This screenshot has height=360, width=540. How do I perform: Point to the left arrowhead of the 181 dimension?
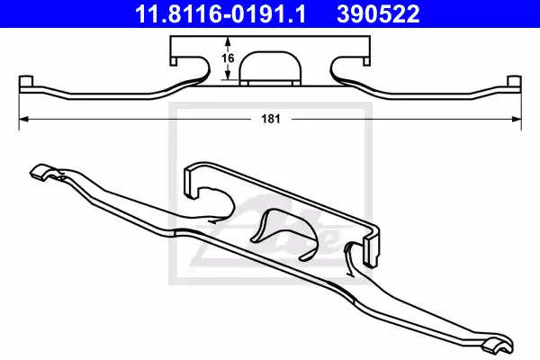(22, 119)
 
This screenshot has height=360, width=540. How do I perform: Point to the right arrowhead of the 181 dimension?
(518, 119)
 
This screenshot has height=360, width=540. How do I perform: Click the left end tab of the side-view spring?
(24, 84)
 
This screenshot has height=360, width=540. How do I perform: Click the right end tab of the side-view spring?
(515, 84)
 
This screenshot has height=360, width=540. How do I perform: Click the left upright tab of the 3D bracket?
(189, 180)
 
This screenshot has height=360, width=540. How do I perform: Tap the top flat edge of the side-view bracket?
(269, 39)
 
